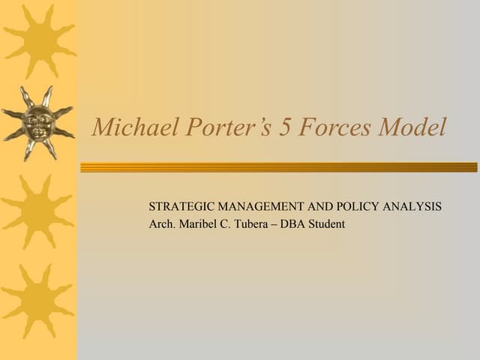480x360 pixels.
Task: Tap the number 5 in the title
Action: point(286,127)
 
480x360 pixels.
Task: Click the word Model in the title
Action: point(412,127)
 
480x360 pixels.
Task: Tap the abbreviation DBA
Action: point(294,223)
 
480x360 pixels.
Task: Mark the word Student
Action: point(328,223)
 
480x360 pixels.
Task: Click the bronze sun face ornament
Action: point(37,120)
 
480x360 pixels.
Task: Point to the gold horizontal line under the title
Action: point(278,167)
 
